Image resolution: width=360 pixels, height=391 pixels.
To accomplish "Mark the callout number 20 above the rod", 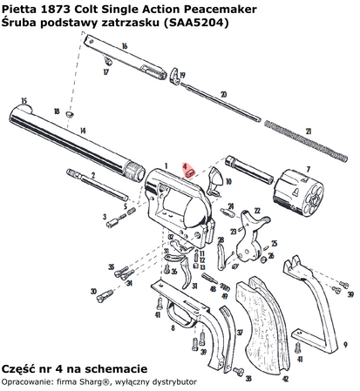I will tap(223, 93).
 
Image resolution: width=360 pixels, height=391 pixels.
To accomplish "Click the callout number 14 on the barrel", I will tap(82, 130).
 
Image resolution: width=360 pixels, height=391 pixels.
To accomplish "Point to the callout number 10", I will tap(228, 183).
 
